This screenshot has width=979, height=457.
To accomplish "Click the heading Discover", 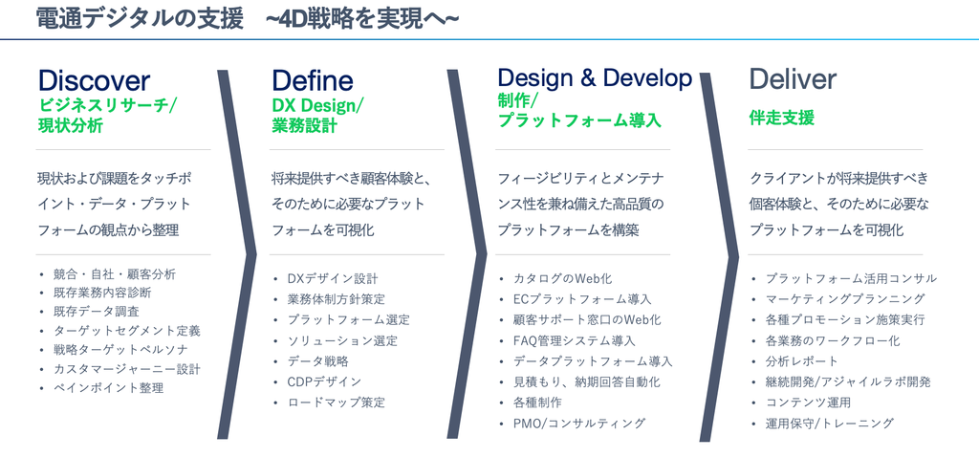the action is tap(94, 81).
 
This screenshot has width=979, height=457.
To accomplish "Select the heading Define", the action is tap(313, 81).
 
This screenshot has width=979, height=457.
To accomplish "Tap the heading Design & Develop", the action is tap(595, 78).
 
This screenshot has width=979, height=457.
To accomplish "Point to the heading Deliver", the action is tap(793, 79).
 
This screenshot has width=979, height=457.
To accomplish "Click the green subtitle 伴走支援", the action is tap(782, 118).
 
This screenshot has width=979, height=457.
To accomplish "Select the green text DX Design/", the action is tap(317, 105).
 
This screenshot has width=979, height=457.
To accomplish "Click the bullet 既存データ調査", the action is tap(97, 312).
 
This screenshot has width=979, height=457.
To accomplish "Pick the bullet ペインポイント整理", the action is tap(109, 388).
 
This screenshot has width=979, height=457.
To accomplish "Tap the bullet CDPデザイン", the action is tap(324, 381).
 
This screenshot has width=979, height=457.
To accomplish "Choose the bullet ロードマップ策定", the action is tap(336, 403).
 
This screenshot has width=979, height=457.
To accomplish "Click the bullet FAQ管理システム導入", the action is tap(575, 341).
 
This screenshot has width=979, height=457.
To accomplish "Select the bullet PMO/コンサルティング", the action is tap(579, 423).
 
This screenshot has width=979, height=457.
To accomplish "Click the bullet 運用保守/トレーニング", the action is tap(830, 423).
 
